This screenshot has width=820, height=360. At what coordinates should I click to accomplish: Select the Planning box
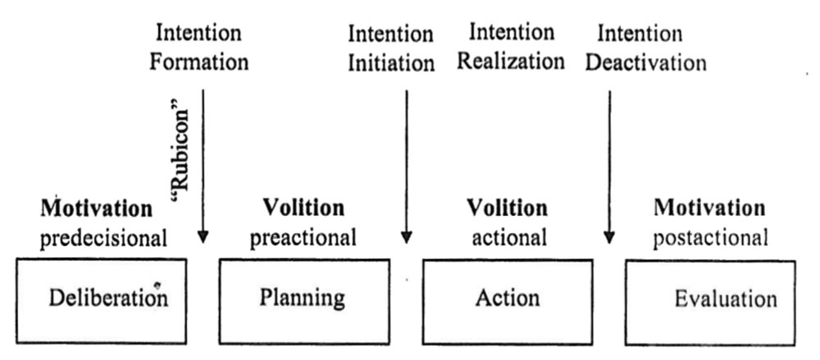(303, 298)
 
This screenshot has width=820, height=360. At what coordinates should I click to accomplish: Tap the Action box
(508, 298)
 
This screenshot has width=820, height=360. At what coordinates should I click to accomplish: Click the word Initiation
(391, 63)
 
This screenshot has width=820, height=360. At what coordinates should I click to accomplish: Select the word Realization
(511, 62)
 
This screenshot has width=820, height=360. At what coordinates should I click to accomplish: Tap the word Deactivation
(652, 62)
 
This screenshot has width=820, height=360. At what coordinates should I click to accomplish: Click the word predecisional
(104, 239)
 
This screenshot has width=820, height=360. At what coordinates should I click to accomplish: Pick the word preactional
(303, 239)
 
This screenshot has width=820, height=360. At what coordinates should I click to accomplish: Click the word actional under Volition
(508, 239)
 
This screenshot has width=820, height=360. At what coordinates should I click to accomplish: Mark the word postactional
(710, 239)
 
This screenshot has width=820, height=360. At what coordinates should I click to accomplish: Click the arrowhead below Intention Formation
(203, 237)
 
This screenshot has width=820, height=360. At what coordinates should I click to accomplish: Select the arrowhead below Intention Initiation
(406, 237)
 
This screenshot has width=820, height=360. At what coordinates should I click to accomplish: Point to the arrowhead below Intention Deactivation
(609, 237)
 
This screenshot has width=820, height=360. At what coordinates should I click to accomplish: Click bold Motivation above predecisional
(97, 209)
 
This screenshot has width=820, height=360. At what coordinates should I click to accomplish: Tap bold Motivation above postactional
(709, 209)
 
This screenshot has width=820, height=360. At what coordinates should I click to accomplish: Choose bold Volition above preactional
(303, 209)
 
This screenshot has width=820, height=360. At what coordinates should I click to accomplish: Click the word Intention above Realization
(511, 34)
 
